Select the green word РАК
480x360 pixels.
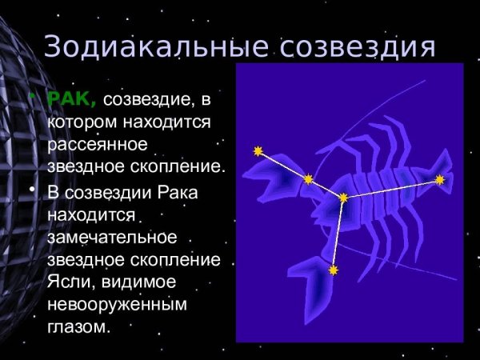[71, 98]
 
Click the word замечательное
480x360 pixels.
[111, 238]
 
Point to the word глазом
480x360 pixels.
[78, 327]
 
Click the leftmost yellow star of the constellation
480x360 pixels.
[258, 150]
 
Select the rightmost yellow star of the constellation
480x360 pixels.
[439, 180]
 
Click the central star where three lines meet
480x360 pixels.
[343, 197]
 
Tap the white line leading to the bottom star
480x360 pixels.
[339, 234]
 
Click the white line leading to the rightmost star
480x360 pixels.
[392, 189]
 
